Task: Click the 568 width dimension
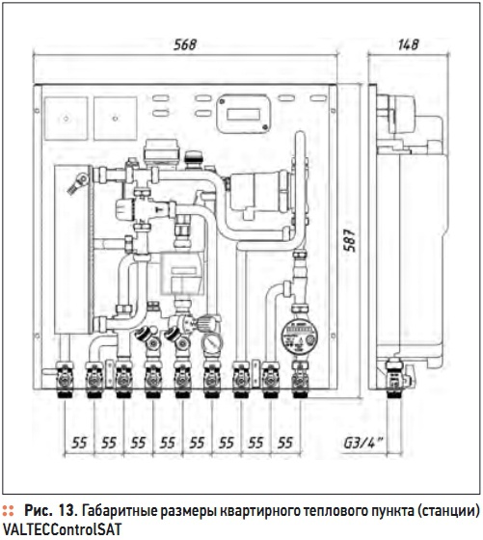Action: (x=185, y=44)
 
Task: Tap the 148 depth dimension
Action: (x=409, y=44)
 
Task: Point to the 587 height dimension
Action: (x=351, y=240)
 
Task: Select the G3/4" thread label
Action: (x=363, y=443)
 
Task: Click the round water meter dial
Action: (x=299, y=335)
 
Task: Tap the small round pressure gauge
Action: (x=211, y=343)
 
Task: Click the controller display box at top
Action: (x=243, y=114)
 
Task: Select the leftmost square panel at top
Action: (x=67, y=119)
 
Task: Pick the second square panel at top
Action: (x=116, y=119)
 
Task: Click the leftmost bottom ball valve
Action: (x=65, y=379)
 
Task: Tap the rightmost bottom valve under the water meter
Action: (x=300, y=379)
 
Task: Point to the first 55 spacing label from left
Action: (x=79, y=443)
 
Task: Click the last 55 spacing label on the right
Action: (x=285, y=443)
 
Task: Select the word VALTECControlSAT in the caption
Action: (x=62, y=529)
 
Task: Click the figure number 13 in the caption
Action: (x=67, y=511)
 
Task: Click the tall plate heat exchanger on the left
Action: (x=73, y=250)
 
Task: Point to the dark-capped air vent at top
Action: (x=194, y=159)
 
